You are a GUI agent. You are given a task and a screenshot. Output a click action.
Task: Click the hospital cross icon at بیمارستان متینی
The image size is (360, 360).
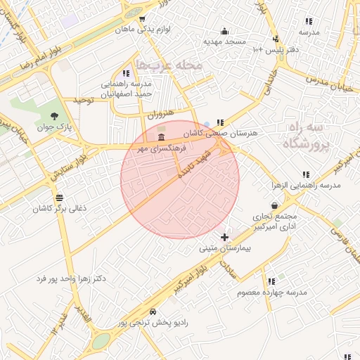point(225,238)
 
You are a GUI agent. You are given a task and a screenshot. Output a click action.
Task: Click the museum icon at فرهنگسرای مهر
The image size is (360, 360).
point(162,136)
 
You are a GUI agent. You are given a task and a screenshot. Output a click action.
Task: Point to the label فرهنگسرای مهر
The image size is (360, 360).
point(161,148)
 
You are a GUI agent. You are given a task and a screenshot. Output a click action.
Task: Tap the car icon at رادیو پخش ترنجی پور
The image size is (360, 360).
point(153,311)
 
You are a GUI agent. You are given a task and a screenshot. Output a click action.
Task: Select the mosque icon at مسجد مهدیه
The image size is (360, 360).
point(225,31)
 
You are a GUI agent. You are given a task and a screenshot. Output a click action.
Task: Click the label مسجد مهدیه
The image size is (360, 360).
point(225,42)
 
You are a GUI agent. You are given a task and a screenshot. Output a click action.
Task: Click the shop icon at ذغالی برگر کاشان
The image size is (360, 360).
point(59,198)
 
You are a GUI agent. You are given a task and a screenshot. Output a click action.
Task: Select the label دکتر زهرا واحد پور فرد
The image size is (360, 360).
point(71,279)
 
